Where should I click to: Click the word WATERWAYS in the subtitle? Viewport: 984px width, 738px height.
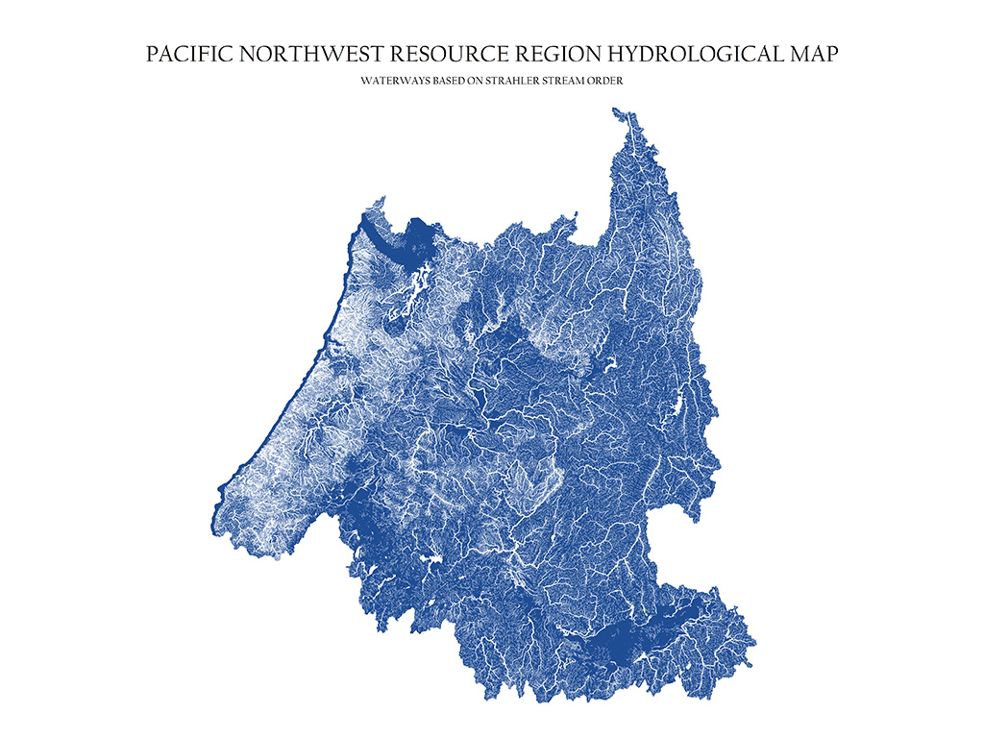pos(389,82)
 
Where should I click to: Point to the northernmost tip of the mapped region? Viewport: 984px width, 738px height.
pos(613,109)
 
